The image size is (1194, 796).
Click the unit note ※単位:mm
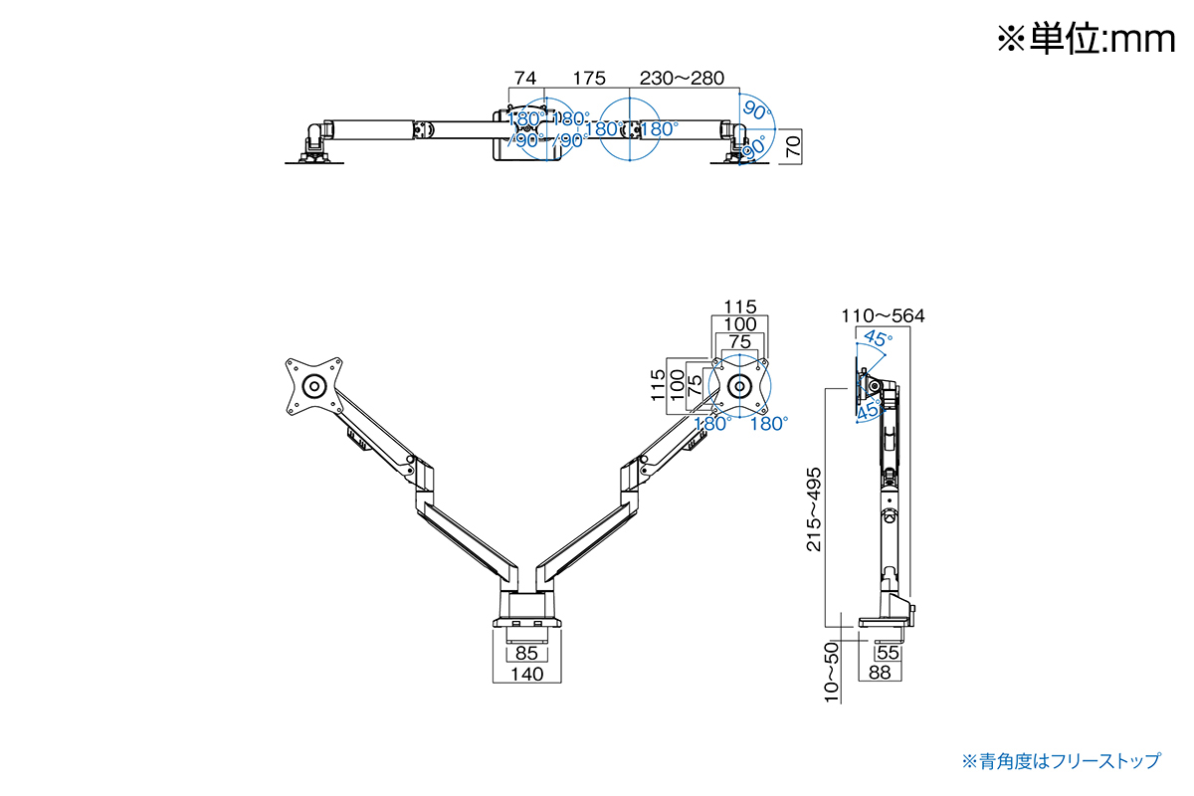(1086, 39)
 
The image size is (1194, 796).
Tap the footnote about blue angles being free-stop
(1061, 761)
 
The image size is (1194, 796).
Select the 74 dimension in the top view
(525, 78)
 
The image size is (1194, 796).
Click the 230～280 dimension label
(682, 78)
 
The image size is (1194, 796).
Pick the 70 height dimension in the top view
(793, 149)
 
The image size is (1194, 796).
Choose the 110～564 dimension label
(883, 316)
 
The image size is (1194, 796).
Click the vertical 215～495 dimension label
(814, 509)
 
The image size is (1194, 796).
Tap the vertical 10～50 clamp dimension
(833, 672)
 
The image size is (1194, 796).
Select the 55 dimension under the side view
(889, 653)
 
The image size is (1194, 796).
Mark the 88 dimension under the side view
(879, 674)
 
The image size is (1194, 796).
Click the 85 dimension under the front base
(526, 654)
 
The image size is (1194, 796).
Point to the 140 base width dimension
(526, 675)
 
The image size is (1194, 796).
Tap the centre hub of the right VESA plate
(739, 385)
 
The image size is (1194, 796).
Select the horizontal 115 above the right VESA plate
(739, 306)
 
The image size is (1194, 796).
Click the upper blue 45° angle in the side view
(877, 338)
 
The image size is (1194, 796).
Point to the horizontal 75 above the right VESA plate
(739, 341)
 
